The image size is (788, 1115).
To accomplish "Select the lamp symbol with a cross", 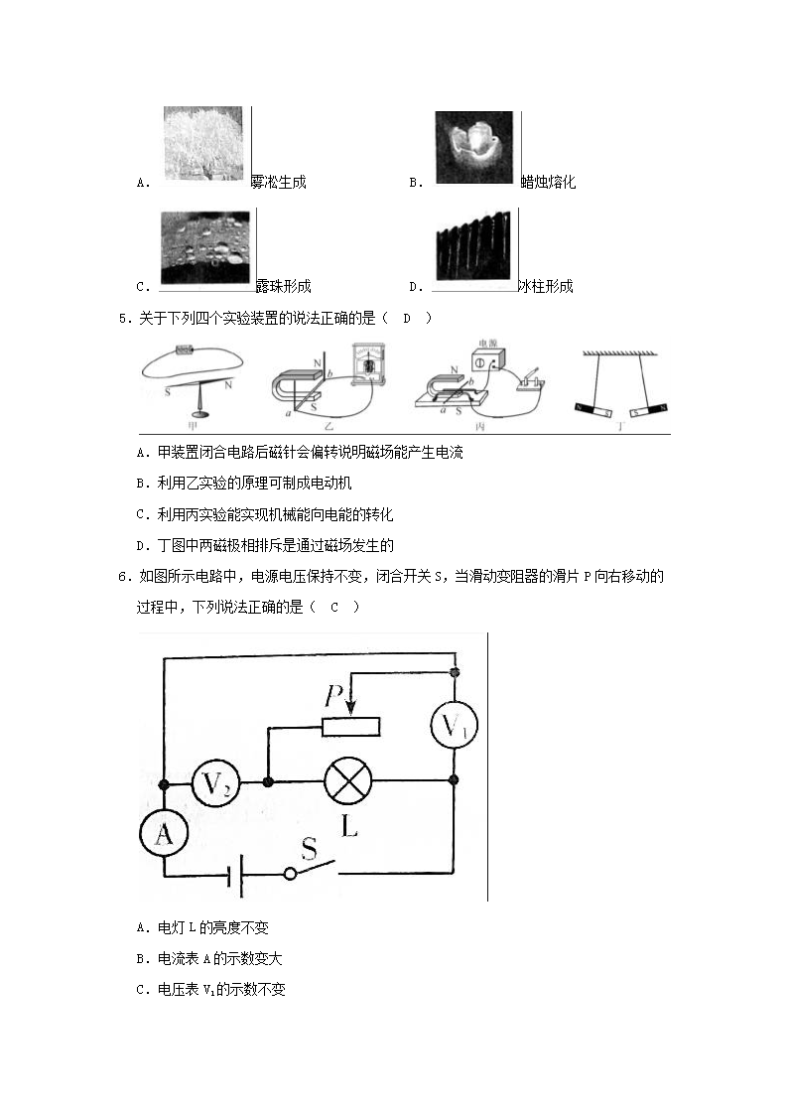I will click(x=348, y=783).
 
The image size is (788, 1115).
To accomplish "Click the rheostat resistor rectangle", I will click(x=350, y=727).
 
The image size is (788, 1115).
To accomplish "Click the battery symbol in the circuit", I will click(x=236, y=875).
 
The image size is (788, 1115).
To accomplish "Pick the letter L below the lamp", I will click(x=349, y=826).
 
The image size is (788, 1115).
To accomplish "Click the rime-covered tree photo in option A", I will click(x=202, y=143).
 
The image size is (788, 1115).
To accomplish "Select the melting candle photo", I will click(x=473, y=147).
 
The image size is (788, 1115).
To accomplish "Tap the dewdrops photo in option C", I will click(x=205, y=246).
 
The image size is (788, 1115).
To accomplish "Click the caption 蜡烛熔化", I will click(x=548, y=183).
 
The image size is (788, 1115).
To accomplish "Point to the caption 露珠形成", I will click(x=283, y=287).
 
